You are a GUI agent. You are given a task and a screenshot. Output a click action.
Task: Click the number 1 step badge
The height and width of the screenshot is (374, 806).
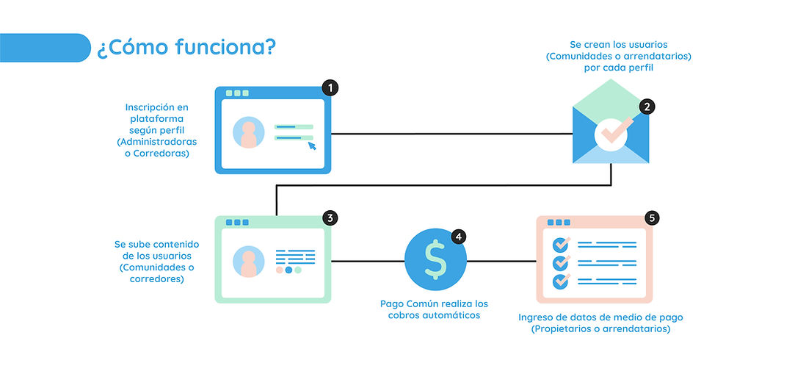[330, 88]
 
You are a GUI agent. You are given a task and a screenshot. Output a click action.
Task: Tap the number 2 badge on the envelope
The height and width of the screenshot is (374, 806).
[647, 107]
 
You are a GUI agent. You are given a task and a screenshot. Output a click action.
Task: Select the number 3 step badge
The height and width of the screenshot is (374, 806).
[330, 217]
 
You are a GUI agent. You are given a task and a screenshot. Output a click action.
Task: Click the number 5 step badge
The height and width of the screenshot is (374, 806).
[652, 217]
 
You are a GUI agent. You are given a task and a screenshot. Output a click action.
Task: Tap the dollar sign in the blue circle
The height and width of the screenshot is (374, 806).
[436, 259]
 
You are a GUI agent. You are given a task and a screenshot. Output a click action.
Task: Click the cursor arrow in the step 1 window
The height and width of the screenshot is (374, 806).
[312, 145]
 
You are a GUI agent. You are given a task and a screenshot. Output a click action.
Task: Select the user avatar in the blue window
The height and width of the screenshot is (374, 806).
[248, 132]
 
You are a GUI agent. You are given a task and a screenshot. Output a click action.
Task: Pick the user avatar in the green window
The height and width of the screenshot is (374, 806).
[248, 262]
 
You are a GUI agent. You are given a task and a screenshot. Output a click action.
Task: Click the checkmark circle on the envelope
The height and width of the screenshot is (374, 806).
[611, 133]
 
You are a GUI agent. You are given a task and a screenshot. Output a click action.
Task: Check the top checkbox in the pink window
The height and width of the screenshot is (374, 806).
[561, 244]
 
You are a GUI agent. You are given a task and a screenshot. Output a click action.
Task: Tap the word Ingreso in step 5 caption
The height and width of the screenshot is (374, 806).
[537, 317]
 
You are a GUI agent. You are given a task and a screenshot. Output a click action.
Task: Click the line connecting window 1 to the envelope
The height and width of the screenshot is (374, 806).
[451, 134]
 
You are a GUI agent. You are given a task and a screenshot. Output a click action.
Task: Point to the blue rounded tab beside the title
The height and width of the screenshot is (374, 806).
[44, 47]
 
